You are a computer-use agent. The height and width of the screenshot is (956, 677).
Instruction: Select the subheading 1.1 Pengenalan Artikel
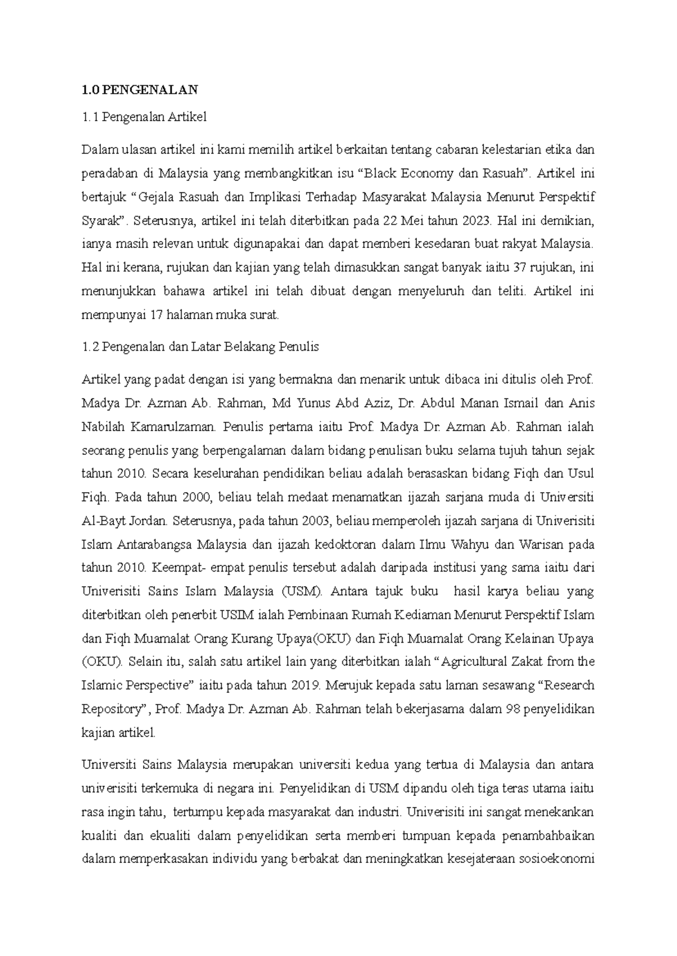(144, 117)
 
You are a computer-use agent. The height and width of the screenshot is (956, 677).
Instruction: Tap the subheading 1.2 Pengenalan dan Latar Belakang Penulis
(200, 347)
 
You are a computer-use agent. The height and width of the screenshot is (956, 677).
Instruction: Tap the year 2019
(306, 685)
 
